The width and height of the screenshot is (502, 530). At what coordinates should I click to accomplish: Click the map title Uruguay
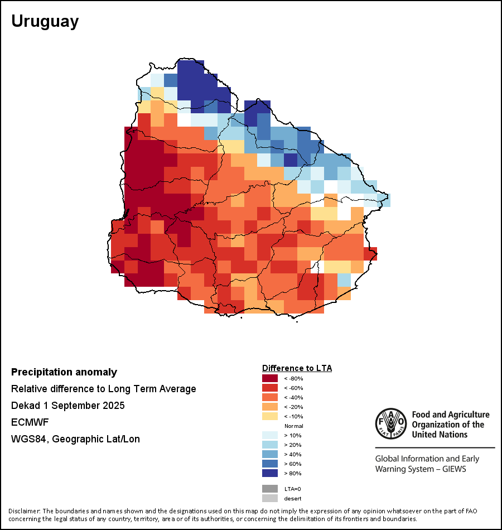point(45,22)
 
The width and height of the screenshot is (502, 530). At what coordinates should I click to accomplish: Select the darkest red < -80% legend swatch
point(270,378)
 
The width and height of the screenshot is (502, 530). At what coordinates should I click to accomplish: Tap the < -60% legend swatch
point(270,388)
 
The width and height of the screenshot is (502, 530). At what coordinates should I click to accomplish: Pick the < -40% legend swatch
point(270,397)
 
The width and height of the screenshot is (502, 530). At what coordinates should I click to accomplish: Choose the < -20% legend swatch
point(270,407)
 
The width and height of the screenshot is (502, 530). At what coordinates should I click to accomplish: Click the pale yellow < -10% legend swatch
point(270,416)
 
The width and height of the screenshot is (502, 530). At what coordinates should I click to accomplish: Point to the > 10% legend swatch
point(270,435)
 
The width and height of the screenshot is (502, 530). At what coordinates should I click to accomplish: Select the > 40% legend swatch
point(270,454)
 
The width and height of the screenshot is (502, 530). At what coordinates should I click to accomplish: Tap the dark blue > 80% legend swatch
point(270,473)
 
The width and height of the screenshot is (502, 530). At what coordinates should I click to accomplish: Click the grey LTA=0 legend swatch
point(270,489)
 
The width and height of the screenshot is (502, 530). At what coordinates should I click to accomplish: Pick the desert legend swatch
point(270,498)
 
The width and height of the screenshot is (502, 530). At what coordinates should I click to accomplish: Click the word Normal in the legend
point(293,426)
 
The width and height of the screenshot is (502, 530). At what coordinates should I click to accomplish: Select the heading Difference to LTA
point(297,368)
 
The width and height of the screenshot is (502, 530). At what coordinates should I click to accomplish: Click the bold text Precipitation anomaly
point(64,372)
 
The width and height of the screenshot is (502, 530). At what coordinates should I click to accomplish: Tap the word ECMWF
point(26,422)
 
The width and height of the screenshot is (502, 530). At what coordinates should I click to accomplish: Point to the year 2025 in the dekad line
point(114,406)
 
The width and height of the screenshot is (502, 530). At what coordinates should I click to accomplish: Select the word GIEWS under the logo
point(453,469)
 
